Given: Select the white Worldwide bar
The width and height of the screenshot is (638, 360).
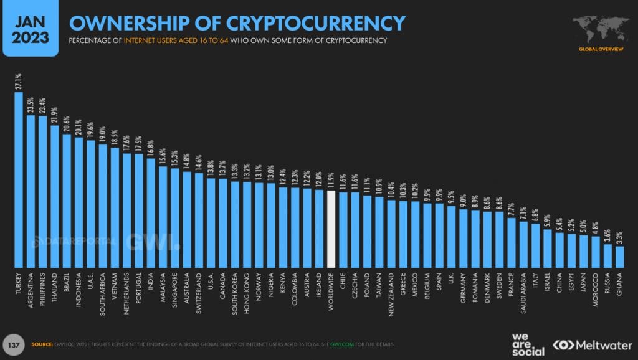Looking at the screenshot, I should coord(331,228).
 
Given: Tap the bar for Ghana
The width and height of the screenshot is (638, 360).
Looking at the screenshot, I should coord(620,256).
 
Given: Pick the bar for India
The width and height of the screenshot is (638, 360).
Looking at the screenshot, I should coord(151,212).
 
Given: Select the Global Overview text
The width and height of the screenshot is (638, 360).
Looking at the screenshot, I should coord(600,49).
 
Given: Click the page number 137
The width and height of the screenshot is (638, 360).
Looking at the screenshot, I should coord(14,344).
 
